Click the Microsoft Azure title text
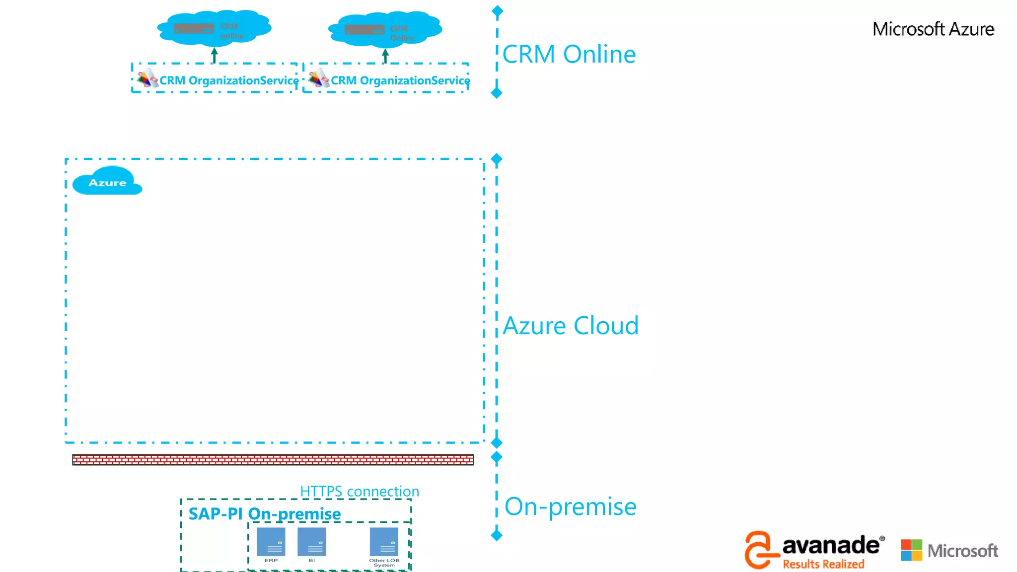pos(933,29)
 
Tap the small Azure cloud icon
pos(107,182)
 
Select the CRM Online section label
pos(569,54)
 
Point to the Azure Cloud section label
pos(571,326)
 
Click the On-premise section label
pos(571,506)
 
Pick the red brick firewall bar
pos(273,460)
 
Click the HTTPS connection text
pos(360,491)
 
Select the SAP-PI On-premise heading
pos(265,513)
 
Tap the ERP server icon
pos(271,542)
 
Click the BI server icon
pos(312,542)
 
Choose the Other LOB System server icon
pos(384,542)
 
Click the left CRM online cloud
pos(214,28)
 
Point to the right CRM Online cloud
pos(385,29)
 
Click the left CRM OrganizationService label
pos(229,80)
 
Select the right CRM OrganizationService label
pos(400,80)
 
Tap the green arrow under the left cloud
pos(214,55)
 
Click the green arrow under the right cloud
pos(385,56)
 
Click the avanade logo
pos(830,545)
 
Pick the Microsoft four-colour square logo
pos(911,550)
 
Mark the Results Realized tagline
pos(823,564)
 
